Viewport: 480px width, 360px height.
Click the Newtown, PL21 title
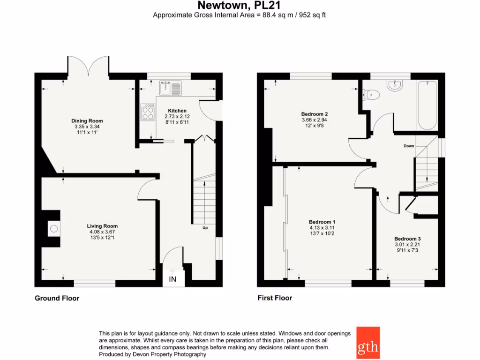click(x=240, y=5)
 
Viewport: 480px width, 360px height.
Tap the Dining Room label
click(x=87, y=121)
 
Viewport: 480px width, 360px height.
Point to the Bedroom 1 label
click(x=322, y=222)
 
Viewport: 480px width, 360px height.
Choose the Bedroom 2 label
click(x=314, y=114)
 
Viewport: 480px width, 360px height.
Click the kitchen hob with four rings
click(x=148, y=112)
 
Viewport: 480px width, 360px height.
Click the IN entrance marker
click(x=172, y=280)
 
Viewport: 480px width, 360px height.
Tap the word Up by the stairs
click(x=205, y=228)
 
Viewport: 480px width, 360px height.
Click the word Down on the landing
click(x=409, y=146)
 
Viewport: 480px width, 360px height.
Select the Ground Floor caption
click(x=57, y=298)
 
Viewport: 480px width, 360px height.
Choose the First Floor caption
click(x=275, y=298)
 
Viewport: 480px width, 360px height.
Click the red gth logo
click(x=368, y=343)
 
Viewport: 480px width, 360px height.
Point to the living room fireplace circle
click(x=54, y=229)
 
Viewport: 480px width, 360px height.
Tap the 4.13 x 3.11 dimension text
click(x=322, y=227)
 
